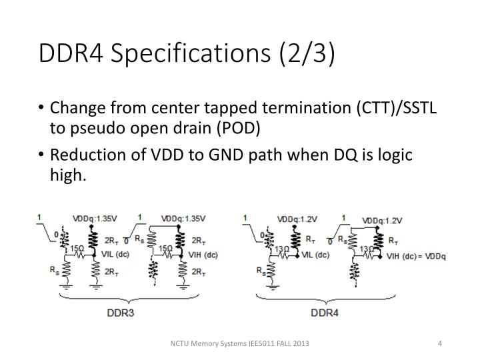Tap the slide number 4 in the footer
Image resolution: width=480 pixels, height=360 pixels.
click(x=440, y=343)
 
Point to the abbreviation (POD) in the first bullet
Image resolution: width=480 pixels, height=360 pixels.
click(x=235, y=128)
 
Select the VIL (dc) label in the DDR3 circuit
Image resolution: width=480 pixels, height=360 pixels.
click(x=114, y=254)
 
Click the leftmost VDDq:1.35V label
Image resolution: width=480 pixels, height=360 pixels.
click(x=95, y=218)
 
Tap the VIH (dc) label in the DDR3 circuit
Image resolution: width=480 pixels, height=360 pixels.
click(x=203, y=254)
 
